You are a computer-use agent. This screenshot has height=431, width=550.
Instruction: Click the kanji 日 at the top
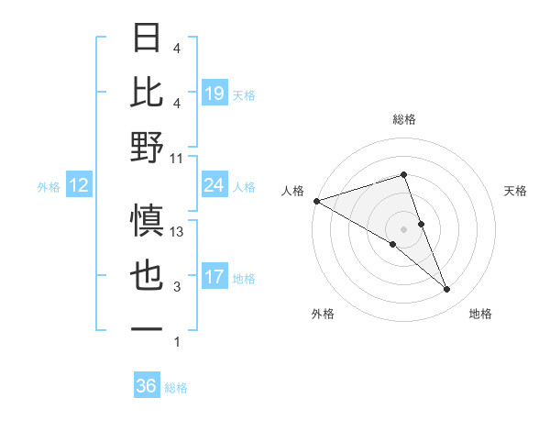tap(148, 39)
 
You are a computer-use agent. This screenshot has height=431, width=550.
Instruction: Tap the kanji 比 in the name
tap(148, 93)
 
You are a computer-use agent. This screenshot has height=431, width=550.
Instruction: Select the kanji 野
tap(148, 148)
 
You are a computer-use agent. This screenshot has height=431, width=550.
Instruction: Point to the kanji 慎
tap(148, 221)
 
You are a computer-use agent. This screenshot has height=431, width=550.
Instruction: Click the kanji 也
tap(148, 276)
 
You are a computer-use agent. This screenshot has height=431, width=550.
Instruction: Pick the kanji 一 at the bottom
tap(148, 328)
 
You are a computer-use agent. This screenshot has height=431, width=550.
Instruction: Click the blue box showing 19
tap(214, 93)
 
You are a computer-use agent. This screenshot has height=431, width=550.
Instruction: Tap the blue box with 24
tap(214, 185)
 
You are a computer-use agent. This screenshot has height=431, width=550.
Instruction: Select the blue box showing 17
tap(214, 276)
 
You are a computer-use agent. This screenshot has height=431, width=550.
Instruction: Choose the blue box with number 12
tap(79, 185)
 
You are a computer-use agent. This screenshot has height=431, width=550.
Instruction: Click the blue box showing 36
tap(147, 386)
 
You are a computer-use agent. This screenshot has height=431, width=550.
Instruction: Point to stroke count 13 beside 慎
tap(177, 232)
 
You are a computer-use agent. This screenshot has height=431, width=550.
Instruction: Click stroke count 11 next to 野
tap(177, 158)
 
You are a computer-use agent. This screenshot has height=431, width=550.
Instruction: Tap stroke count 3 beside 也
tap(177, 287)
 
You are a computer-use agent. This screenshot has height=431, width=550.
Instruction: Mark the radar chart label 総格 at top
tap(404, 119)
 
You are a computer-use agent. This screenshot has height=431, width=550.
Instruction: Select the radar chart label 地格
tap(480, 314)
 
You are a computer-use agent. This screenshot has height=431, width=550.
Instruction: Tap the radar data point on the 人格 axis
tap(316, 200)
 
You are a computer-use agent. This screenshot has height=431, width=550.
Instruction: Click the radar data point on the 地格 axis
tap(447, 290)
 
